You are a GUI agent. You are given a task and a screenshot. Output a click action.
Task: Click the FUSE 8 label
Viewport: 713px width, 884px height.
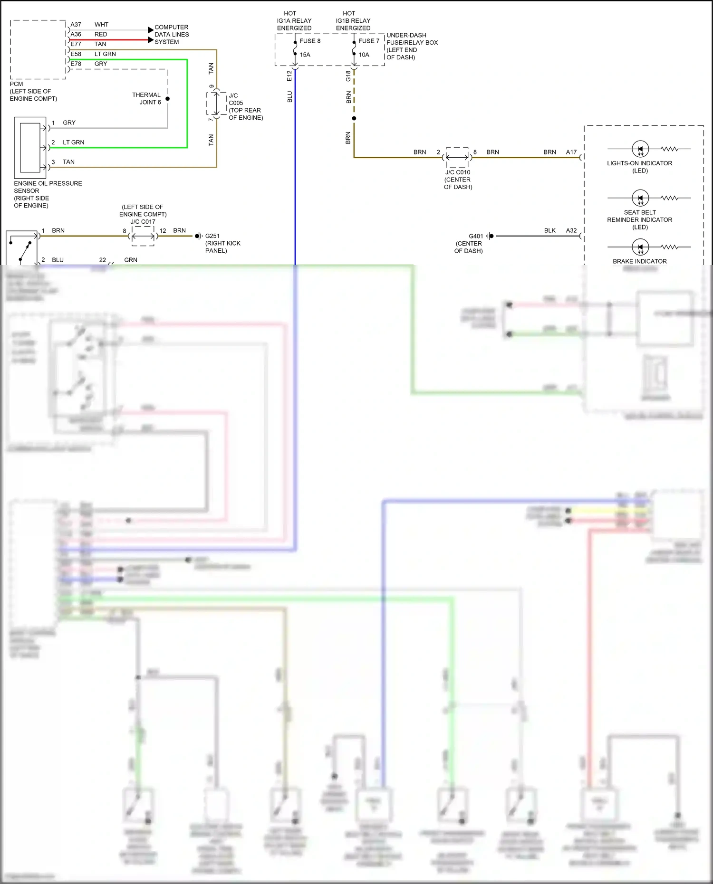coord(310,41)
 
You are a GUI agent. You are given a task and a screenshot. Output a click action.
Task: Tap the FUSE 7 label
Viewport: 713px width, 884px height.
coord(369,41)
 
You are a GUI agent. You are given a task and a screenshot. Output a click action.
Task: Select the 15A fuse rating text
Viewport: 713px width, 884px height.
coord(305,55)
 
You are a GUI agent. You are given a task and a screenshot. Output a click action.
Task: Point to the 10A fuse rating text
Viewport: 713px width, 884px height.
coord(364,55)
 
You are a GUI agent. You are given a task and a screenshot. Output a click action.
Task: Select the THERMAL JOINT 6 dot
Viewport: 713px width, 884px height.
coord(167,99)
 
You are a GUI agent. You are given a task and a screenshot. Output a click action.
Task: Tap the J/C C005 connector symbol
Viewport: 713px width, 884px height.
coord(216,104)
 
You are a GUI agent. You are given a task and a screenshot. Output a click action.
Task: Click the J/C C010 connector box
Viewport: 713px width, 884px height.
coord(457,157)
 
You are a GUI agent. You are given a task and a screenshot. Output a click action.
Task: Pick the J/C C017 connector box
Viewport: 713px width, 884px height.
coord(143,236)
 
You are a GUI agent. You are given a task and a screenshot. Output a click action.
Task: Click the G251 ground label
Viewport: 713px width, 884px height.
coord(212,236)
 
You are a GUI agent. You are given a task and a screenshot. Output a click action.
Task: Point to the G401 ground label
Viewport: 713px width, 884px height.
coord(475,236)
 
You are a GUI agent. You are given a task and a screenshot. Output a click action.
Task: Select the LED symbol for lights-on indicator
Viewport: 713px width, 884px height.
coord(640,149)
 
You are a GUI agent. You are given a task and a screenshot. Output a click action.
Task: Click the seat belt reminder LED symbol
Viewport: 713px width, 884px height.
coord(640,198)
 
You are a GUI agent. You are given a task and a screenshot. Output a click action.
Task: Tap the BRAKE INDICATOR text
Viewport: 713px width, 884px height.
coord(639,261)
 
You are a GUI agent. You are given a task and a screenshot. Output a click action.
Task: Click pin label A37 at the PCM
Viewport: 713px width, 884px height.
coord(76,25)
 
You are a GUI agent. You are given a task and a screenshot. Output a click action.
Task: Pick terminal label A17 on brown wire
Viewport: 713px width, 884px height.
coord(571,152)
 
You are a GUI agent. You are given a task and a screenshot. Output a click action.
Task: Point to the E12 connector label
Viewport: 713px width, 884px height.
coord(289,76)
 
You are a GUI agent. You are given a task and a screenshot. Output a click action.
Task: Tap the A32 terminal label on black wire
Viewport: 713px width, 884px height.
coord(571,230)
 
